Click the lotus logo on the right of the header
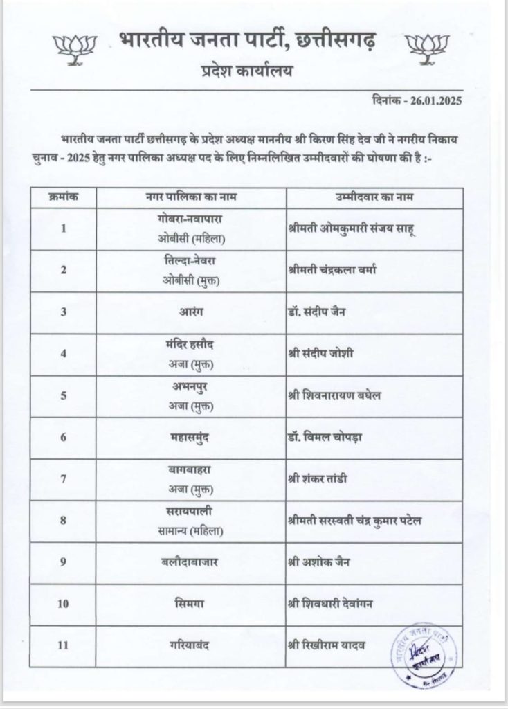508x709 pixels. (x=427, y=45)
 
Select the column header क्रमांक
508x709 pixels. (x=64, y=197)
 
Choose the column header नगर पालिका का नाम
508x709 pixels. (x=191, y=197)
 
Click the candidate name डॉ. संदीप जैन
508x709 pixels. (x=317, y=312)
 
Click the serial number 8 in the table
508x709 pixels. (x=64, y=520)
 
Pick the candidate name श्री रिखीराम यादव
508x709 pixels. (x=326, y=645)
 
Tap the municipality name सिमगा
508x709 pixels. (x=191, y=604)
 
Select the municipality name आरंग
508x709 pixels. (x=191, y=312)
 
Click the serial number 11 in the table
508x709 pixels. (x=64, y=645)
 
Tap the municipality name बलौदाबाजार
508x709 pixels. (x=191, y=562)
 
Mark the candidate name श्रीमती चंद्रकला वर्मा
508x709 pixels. (x=332, y=270)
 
